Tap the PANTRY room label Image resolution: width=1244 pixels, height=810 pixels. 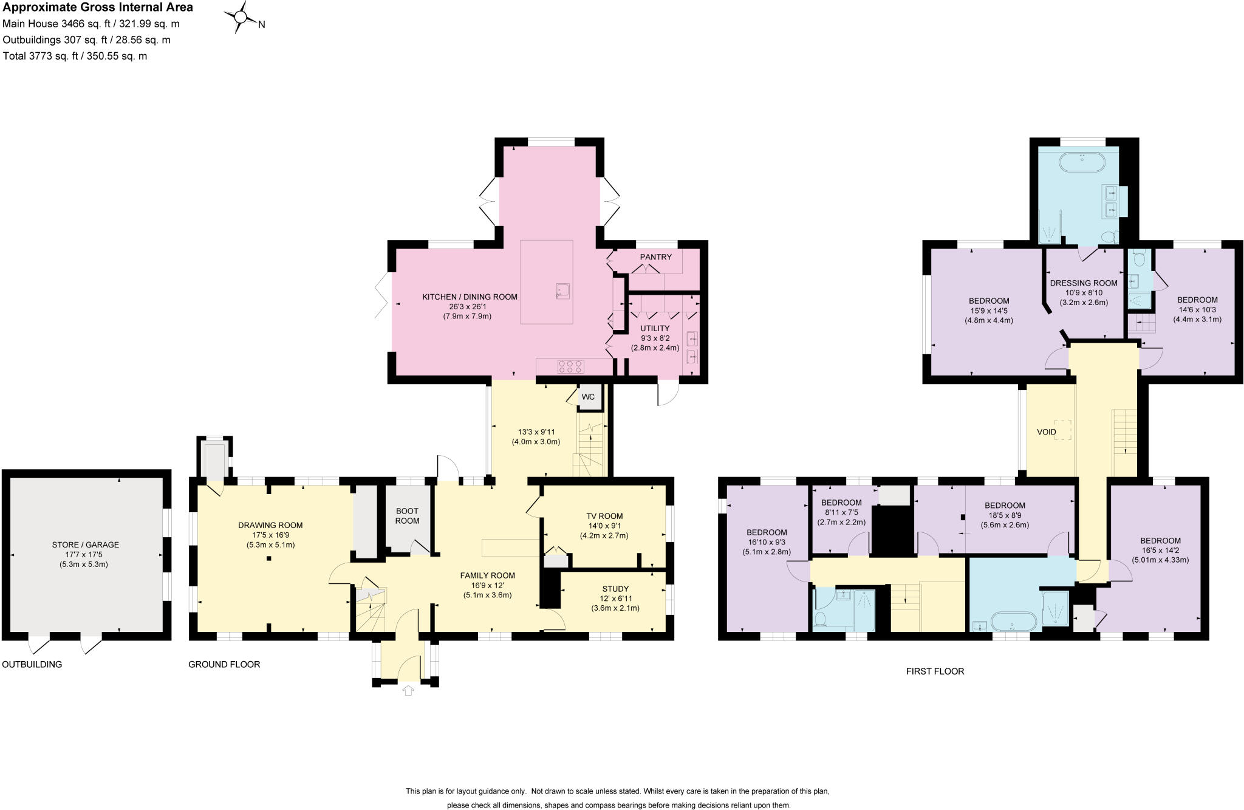(x=655, y=257)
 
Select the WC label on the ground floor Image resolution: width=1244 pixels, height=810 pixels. (x=588, y=397)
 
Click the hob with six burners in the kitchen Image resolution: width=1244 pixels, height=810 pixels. (x=571, y=366)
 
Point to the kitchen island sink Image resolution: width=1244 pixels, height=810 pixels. (x=562, y=291)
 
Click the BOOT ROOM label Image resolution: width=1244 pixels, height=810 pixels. (x=407, y=516)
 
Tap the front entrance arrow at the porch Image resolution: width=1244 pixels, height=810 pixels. (x=408, y=690)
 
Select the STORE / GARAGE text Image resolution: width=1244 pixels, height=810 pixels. (x=85, y=544)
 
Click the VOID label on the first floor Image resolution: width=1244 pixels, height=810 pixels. (x=1046, y=432)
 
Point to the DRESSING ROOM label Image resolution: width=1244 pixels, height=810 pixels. (x=1084, y=283)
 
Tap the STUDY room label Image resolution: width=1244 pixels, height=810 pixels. (x=615, y=589)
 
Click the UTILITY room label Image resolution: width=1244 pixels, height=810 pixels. (x=655, y=328)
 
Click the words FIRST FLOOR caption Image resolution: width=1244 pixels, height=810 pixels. (x=935, y=671)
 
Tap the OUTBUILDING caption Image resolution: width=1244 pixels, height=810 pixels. (x=32, y=664)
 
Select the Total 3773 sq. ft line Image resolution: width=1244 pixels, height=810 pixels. (x=75, y=56)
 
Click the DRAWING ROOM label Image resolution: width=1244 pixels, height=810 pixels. (x=270, y=525)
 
